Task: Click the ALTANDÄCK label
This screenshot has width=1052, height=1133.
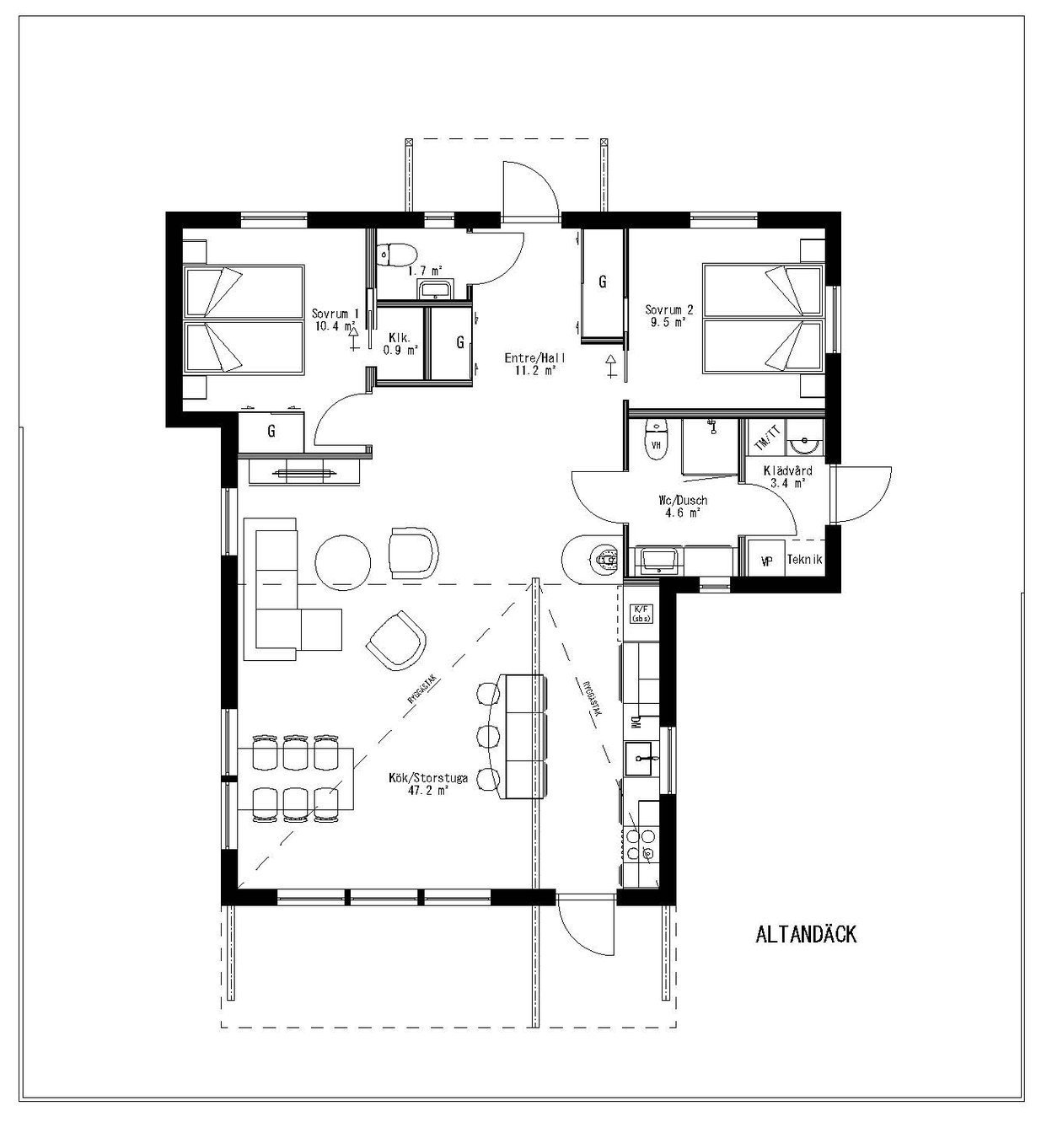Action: coord(806,934)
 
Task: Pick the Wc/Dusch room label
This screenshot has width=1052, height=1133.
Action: coord(683,506)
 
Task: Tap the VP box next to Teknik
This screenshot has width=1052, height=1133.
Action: coord(766,560)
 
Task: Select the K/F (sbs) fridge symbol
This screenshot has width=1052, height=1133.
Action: coord(641,613)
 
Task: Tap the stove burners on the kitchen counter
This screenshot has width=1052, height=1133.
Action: coord(641,844)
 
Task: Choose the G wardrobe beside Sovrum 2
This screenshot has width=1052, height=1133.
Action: coord(602,282)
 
